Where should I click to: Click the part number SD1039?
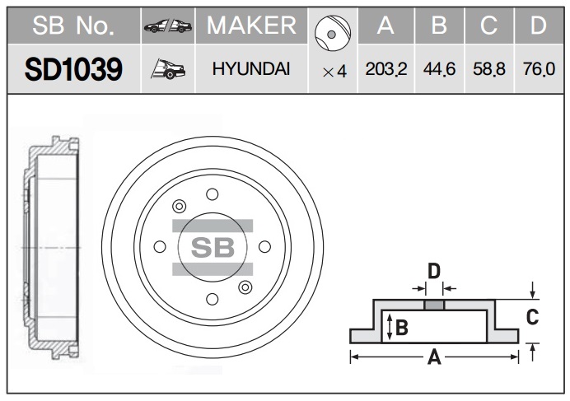click(x=73, y=69)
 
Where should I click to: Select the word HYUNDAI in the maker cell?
click(x=251, y=69)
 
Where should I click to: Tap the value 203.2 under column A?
click(x=386, y=69)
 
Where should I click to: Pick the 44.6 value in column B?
click(x=439, y=69)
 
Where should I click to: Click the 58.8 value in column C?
click(x=489, y=69)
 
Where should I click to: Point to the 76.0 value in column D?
click(x=539, y=69)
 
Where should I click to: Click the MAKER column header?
click(x=251, y=26)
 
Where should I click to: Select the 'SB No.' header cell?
click(x=73, y=26)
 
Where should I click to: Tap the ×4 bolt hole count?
click(x=334, y=72)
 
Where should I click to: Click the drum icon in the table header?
click(x=333, y=33)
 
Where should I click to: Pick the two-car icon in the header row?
click(x=168, y=26)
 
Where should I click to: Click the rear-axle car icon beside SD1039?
click(x=168, y=68)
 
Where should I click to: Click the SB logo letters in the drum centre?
click(x=213, y=248)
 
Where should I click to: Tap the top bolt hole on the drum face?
click(x=213, y=194)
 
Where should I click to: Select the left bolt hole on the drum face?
click(x=160, y=246)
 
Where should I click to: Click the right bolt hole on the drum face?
click(x=264, y=246)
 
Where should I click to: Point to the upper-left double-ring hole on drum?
click(x=180, y=207)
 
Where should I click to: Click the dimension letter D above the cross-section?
click(x=434, y=271)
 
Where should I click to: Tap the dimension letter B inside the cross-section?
click(x=402, y=327)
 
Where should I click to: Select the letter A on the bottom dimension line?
click(x=434, y=357)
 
